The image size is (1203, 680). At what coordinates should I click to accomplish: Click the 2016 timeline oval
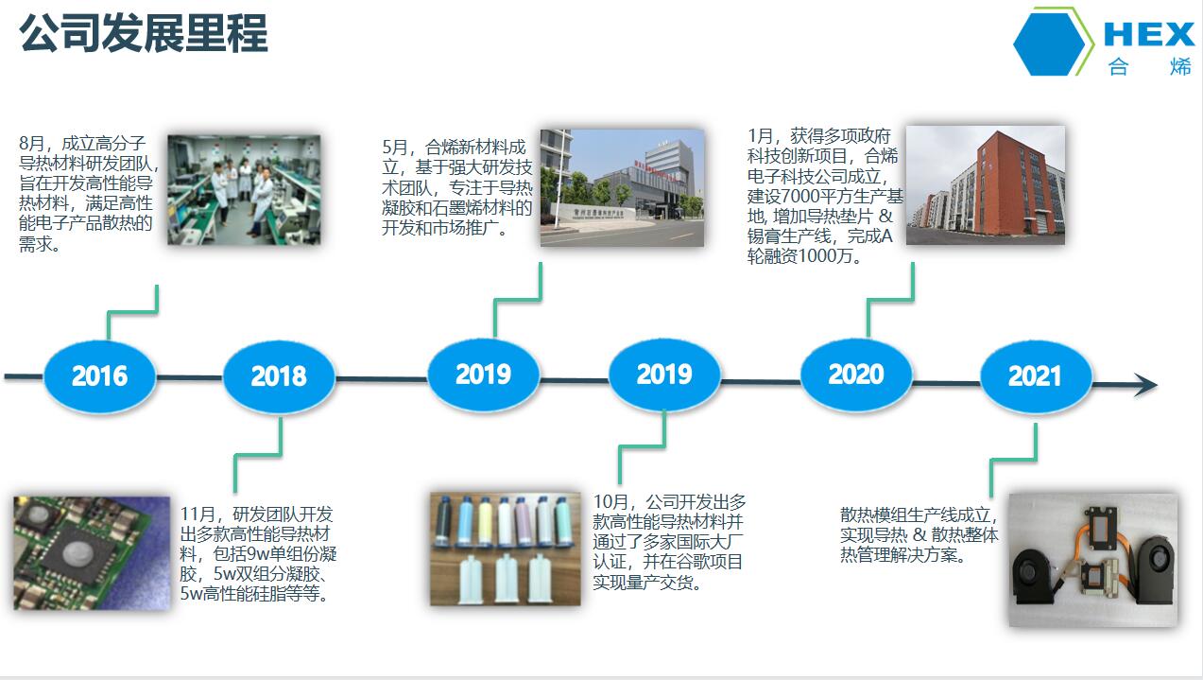(x=100, y=376)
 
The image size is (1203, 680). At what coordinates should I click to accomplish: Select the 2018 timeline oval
(x=280, y=376)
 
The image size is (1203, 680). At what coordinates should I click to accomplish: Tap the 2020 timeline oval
(x=856, y=375)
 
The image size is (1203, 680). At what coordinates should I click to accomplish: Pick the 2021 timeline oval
(x=1036, y=376)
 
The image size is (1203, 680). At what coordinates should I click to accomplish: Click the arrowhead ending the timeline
(x=1146, y=385)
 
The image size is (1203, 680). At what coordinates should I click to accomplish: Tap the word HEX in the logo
(x=1149, y=35)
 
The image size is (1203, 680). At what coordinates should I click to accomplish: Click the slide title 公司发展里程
(x=144, y=33)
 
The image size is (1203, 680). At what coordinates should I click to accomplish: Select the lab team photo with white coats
(x=244, y=190)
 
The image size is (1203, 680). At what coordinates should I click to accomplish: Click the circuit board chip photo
(x=92, y=553)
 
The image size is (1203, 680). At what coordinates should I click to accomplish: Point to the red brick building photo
(x=986, y=185)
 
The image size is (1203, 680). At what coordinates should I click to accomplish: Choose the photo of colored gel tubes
(x=506, y=549)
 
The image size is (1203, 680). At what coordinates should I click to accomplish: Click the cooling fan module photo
(x=1093, y=560)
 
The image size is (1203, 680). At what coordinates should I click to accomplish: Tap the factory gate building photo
(x=622, y=187)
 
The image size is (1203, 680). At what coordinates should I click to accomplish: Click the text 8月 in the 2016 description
(x=32, y=144)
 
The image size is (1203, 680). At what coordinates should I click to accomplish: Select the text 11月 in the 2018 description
(x=198, y=514)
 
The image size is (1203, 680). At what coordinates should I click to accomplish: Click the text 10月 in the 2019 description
(x=610, y=502)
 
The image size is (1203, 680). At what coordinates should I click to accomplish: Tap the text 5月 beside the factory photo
(x=395, y=147)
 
